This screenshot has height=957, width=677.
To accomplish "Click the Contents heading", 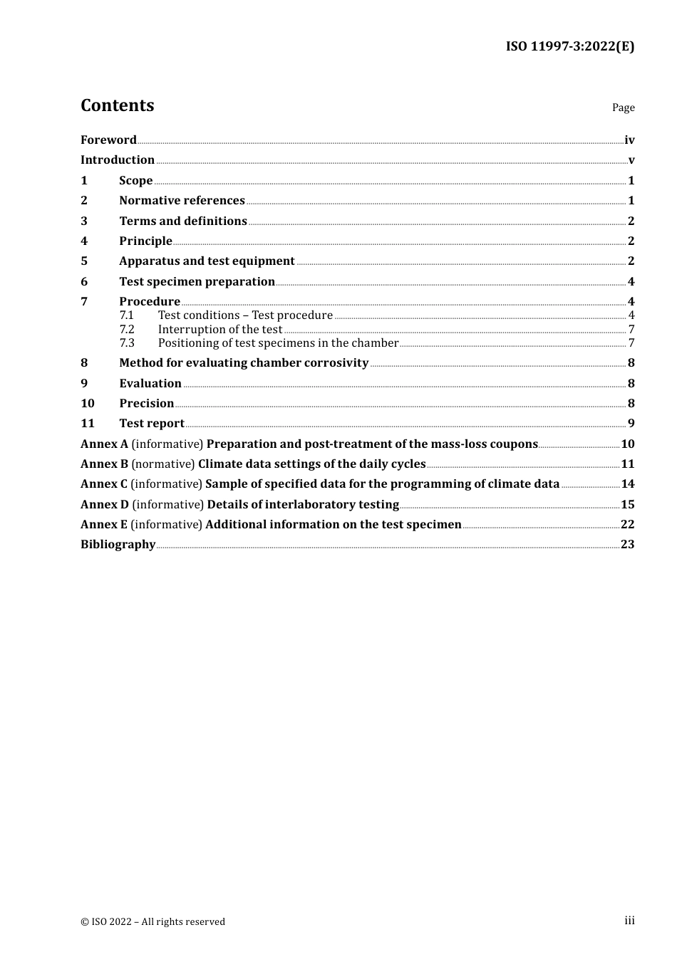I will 117,105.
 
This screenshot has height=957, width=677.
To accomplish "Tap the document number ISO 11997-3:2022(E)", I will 569,46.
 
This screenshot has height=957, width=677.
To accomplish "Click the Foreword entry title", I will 108,140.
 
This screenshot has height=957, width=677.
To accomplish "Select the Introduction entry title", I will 118,159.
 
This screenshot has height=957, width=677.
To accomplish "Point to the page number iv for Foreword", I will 629,140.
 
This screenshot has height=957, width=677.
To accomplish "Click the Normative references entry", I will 182,200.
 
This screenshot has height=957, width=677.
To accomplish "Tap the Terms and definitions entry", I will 183,221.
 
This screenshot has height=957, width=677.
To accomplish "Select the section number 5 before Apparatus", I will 84,261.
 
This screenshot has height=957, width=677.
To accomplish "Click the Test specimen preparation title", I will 197,281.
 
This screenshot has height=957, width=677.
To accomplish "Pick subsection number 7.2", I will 127,329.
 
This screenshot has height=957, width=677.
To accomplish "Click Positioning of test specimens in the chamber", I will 278,342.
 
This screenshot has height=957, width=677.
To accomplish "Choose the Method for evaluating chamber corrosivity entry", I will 244,362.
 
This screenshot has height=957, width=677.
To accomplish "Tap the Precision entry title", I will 147,403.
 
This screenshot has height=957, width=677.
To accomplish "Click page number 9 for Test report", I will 631,423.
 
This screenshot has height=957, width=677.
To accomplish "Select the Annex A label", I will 104,444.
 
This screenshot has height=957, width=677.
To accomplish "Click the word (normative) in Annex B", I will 163,464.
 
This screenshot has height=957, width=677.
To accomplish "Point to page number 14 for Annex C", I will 628,483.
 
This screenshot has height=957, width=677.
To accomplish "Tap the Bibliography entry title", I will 118,544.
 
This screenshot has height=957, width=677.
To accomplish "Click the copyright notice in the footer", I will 153,921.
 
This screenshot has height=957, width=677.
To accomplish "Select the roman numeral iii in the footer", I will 629,920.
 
